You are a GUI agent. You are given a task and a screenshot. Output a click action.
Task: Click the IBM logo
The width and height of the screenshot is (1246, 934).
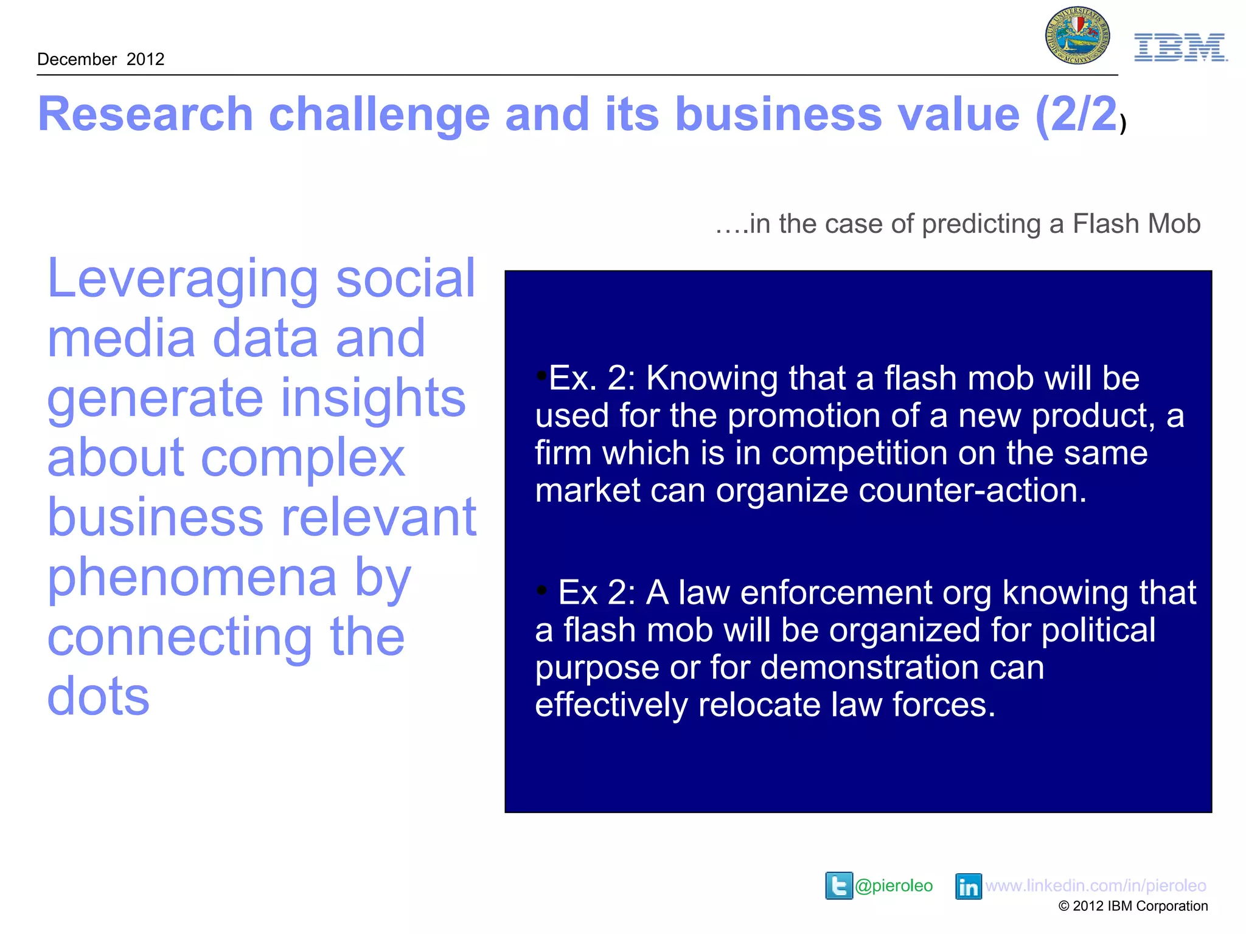[x=1180, y=47]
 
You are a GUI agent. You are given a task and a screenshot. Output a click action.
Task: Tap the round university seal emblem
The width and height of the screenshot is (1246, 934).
[x=1077, y=36]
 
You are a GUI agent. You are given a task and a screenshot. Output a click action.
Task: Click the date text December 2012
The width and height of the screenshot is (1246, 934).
[x=101, y=59]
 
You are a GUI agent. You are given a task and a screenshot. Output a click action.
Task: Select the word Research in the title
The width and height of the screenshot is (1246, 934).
[x=145, y=114]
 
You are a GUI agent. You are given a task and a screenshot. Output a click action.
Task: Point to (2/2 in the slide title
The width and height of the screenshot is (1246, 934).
[x=1076, y=114]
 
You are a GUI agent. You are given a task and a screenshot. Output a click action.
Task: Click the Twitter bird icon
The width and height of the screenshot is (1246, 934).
[x=838, y=885]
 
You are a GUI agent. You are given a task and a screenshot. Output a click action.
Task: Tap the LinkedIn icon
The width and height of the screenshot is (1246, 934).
[x=968, y=886]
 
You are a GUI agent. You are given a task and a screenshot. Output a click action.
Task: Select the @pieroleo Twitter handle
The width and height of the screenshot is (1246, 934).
[x=893, y=885]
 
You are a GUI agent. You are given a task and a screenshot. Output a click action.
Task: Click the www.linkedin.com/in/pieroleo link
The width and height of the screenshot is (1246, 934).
[x=1095, y=885]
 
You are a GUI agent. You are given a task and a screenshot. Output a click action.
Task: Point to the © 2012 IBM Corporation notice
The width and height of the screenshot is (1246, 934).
[x=1133, y=906]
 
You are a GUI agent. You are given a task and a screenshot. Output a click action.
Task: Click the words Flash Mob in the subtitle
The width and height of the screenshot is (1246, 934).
[x=1136, y=224]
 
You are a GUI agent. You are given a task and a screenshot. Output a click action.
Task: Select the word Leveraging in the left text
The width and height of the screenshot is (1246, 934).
[x=183, y=280]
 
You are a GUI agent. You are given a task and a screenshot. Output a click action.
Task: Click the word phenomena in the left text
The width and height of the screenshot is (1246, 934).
[x=192, y=578]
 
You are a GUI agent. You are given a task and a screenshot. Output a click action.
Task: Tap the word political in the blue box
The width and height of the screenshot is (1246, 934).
[x=1098, y=630]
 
